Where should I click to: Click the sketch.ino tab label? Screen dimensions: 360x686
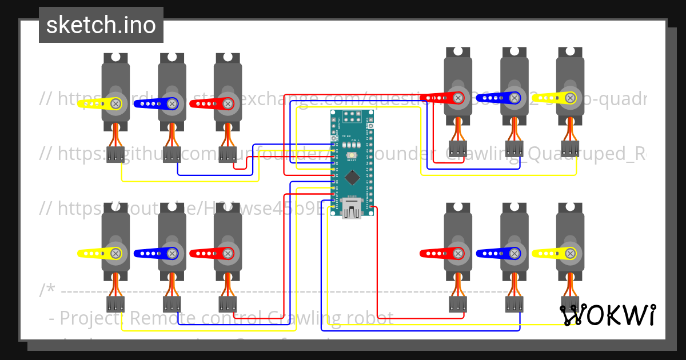point(101,25)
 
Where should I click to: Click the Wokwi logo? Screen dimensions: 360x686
point(608,315)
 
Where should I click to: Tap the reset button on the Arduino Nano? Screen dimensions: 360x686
point(352,155)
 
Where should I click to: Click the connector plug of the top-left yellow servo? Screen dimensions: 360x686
point(115,154)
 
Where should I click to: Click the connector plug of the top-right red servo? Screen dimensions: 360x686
point(458,149)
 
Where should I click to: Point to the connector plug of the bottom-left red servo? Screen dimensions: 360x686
point(228,304)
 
